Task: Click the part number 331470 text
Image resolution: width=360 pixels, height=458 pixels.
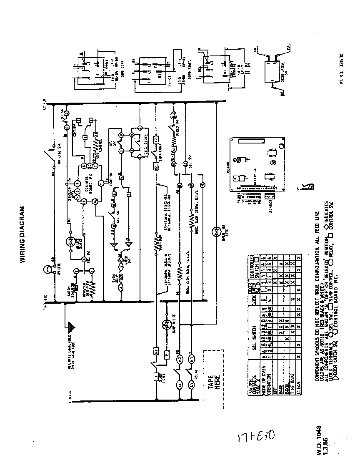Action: tap(341, 69)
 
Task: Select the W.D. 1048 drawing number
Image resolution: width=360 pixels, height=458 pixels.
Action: tap(318, 440)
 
